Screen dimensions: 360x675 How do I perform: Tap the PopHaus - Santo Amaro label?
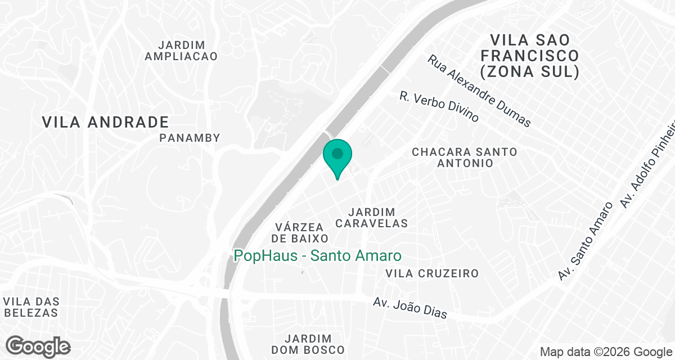tap(317, 256)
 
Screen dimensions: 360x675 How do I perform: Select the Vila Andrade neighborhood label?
tap(106, 122)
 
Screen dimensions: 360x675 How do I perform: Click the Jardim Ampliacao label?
tap(181, 50)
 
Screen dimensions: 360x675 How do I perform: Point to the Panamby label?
tap(190, 138)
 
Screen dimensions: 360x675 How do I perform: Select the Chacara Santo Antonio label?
tap(464, 157)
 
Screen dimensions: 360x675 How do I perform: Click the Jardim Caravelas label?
tap(371, 217)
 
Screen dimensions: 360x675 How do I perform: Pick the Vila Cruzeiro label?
tap(432, 273)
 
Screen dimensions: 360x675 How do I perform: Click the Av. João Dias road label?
tap(410, 308)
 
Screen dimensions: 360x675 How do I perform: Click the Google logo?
tap(38, 346)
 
